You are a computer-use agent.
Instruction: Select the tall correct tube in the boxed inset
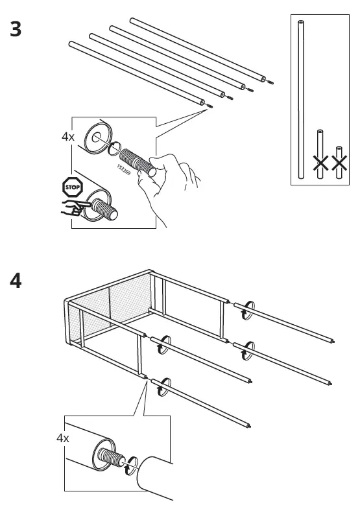click(x=300, y=97)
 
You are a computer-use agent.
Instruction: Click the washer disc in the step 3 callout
click(x=96, y=137)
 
